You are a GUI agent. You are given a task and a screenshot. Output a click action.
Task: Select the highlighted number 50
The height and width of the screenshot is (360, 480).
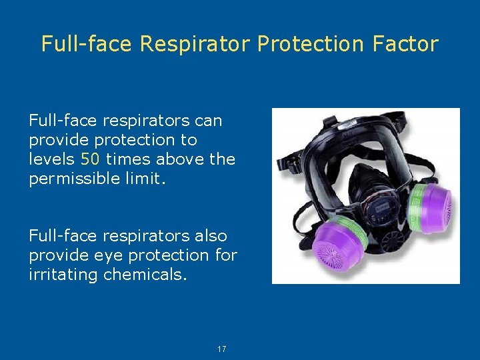[x=90, y=159]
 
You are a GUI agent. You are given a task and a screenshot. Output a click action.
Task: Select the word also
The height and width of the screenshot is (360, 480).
[x=212, y=236]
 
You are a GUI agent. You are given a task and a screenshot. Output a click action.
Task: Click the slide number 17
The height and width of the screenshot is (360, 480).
[x=223, y=349]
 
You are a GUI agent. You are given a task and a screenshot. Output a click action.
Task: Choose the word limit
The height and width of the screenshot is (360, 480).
[x=145, y=178]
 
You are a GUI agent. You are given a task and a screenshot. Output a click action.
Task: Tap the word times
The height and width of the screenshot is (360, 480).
[x=127, y=159]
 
